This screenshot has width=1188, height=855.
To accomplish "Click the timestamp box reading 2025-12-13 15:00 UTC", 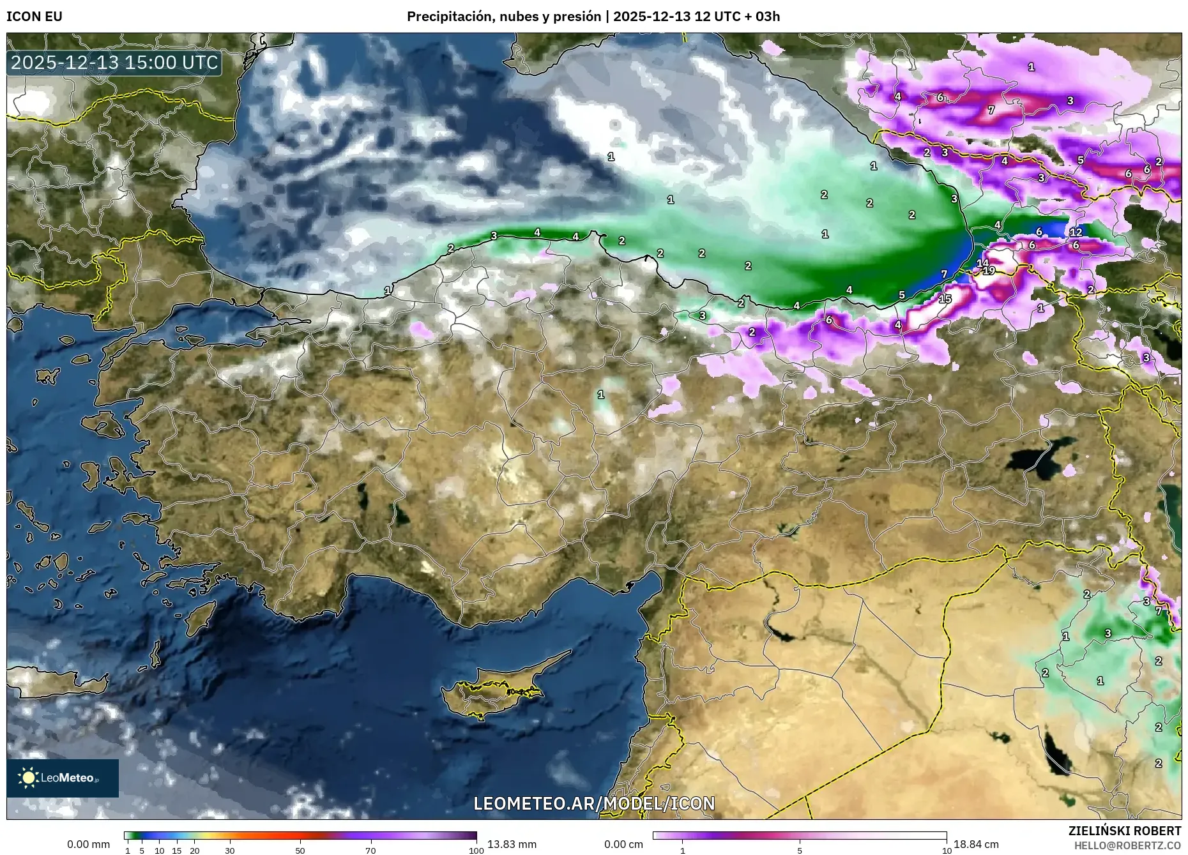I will [114, 63].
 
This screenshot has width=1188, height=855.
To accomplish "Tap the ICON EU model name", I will [34, 17].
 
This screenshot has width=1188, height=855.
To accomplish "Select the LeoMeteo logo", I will [62, 778].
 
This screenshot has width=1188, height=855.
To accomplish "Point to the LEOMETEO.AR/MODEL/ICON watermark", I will [594, 803].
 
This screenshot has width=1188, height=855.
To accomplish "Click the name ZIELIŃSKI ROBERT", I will [1125, 831].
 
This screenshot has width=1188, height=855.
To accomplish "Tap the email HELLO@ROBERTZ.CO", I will [1127, 845].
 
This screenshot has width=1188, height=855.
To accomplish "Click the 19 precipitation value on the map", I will [989, 271].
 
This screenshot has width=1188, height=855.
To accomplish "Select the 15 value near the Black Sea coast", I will [945, 299].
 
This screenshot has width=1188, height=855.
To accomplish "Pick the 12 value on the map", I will [1076, 232].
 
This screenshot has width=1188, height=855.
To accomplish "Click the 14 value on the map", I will [982, 262].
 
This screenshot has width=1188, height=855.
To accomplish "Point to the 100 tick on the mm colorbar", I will [476, 851].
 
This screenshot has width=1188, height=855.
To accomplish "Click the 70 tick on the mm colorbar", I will [370, 851].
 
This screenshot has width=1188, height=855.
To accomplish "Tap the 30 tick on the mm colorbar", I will [230, 851].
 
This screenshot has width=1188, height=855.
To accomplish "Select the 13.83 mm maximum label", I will [512, 844].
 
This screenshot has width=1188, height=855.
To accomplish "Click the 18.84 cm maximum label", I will [976, 844].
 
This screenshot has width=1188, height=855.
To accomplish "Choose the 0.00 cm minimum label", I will [624, 844].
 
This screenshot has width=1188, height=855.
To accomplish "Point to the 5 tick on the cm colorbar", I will [800, 851].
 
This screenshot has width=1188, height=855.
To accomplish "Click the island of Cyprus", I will [492, 690].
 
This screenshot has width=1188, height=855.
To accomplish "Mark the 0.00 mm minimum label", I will [89, 844].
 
